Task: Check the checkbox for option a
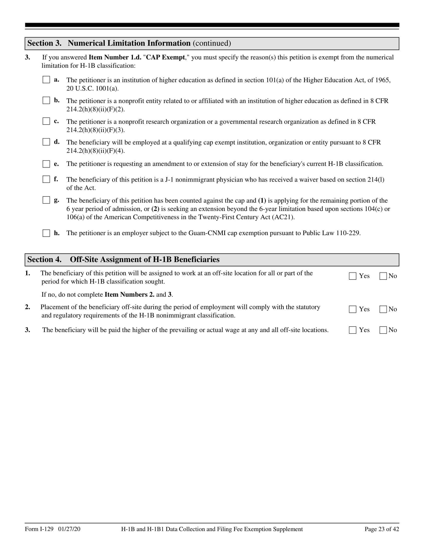(46, 80)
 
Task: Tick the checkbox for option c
(46, 121)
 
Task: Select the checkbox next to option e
(46, 164)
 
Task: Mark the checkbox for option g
(46, 200)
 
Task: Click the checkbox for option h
(46, 233)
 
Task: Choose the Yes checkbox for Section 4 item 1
(352, 276)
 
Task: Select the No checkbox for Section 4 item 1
(383, 276)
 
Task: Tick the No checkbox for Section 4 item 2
(383, 309)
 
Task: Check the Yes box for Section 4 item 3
(352, 330)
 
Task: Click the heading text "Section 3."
(44, 43)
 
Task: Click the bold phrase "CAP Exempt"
(165, 58)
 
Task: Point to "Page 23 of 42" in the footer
(382, 529)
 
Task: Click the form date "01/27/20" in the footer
(69, 529)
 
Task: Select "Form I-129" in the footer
(39, 529)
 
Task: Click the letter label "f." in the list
(56, 179)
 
